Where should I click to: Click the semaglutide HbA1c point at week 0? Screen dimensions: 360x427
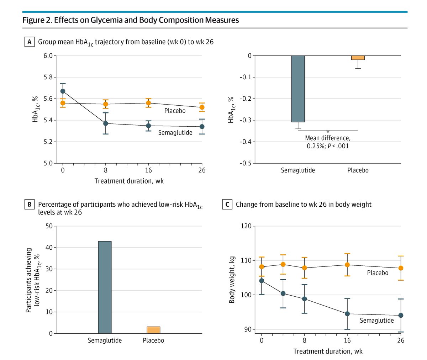(63, 91)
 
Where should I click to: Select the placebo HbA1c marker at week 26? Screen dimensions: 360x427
(202, 107)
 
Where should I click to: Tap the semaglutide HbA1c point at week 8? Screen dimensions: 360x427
(106, 123)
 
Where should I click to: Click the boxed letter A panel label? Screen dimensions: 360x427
(30, 42)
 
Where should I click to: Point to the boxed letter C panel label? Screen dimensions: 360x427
(227, 205)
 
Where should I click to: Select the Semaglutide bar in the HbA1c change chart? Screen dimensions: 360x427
(298, 89)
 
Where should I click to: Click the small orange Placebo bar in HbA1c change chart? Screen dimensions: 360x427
(358, 58)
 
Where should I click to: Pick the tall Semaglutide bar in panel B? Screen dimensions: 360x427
(105, 287)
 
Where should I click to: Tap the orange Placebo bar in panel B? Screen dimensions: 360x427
(153, 330)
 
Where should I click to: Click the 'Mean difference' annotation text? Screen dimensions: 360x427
(328, 138)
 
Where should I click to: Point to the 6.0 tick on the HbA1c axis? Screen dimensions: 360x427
(48, 56)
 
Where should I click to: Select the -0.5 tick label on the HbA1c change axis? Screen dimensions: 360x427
(244, 163)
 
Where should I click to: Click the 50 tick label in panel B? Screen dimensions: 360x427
(49, 226)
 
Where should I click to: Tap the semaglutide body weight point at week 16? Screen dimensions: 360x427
(347, 314)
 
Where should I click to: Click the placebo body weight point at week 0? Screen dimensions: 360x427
(262, 267)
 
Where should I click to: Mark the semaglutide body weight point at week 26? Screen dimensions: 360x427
(401, 315)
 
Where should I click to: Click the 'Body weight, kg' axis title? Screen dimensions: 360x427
(232, 280)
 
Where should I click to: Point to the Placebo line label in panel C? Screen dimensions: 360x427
(378, 273)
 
